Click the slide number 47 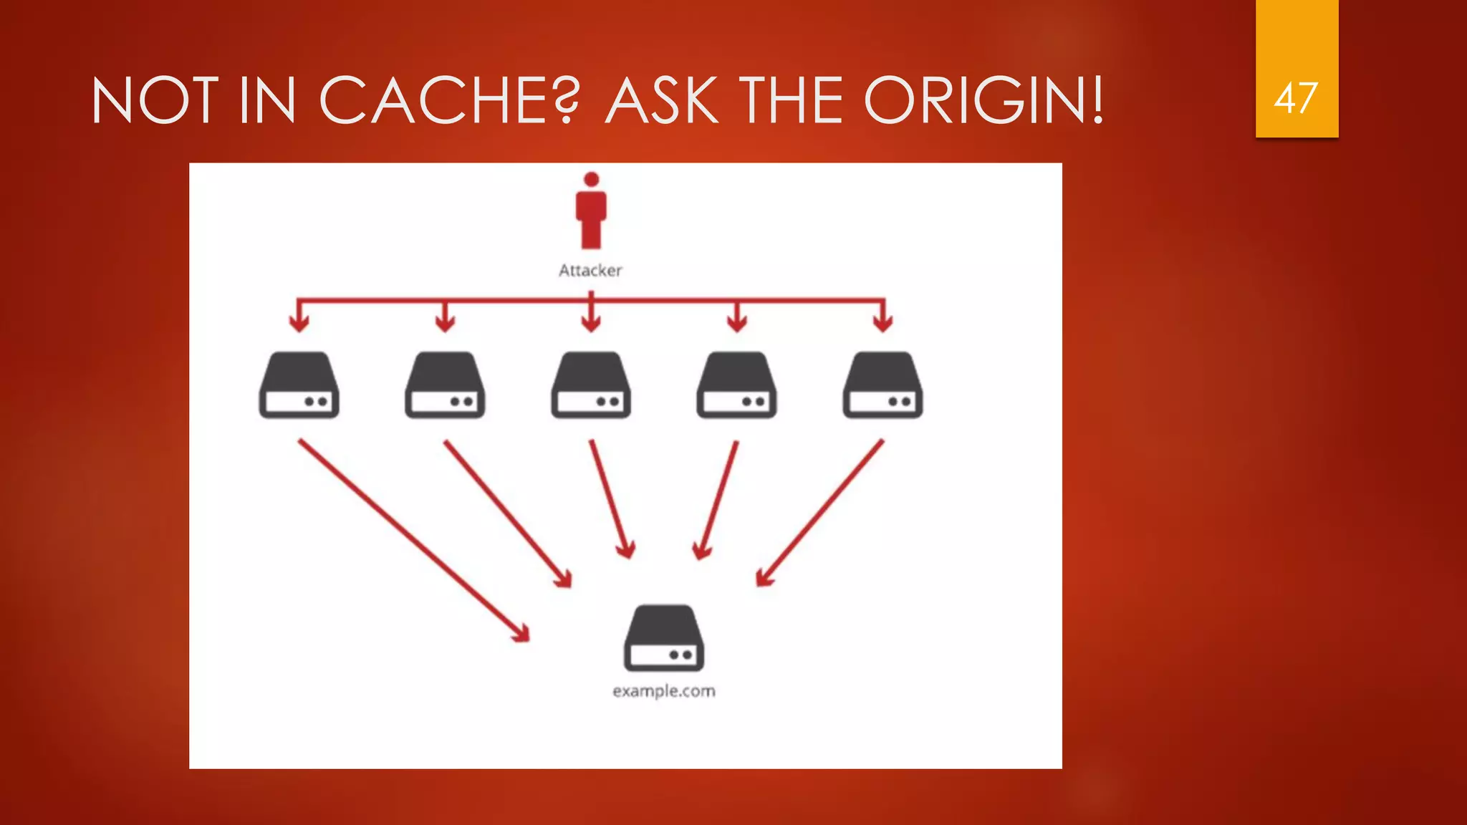click(x=1296, y=98)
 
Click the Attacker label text click(x=590, y=271)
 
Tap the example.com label click(x=663, y=692)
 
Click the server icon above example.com click(x=663, y=637)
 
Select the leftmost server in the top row click(x=299, y=385)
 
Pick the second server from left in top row click(x=445, y=385)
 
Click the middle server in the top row click(x=591, y=385)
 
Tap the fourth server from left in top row click(x=736, y=385)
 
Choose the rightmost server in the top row click(x=882, y=385)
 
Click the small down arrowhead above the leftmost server click(x=299, y=322)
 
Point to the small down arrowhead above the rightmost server click(x=882, y=322)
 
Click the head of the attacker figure click(x=591, y=179)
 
